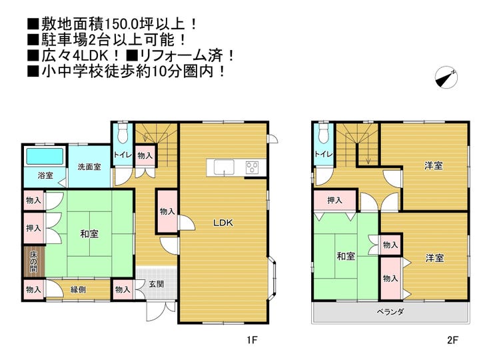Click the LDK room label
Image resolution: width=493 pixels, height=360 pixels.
click(223, 223)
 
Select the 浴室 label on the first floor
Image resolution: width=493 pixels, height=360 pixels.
click(36, 176)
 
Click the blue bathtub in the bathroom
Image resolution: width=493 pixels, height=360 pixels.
click(43, 158)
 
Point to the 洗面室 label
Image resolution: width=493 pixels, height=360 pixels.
click(89, 167)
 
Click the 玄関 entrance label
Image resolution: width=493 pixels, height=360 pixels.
click(156, 284)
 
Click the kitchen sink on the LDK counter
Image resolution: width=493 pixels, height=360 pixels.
click(225, 167)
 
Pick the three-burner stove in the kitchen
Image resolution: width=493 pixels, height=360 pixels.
click(252, 167)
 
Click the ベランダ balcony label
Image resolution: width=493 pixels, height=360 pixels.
click(391, 311)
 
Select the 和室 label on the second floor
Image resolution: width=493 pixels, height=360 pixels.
click(345, 256)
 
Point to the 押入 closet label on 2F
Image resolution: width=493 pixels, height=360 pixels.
click(335, 200)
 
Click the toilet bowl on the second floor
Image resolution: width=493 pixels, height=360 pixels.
click(323, 134)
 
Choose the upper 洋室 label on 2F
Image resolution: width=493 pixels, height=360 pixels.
click(434, 165)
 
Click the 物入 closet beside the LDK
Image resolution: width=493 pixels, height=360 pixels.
click(167, 211)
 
